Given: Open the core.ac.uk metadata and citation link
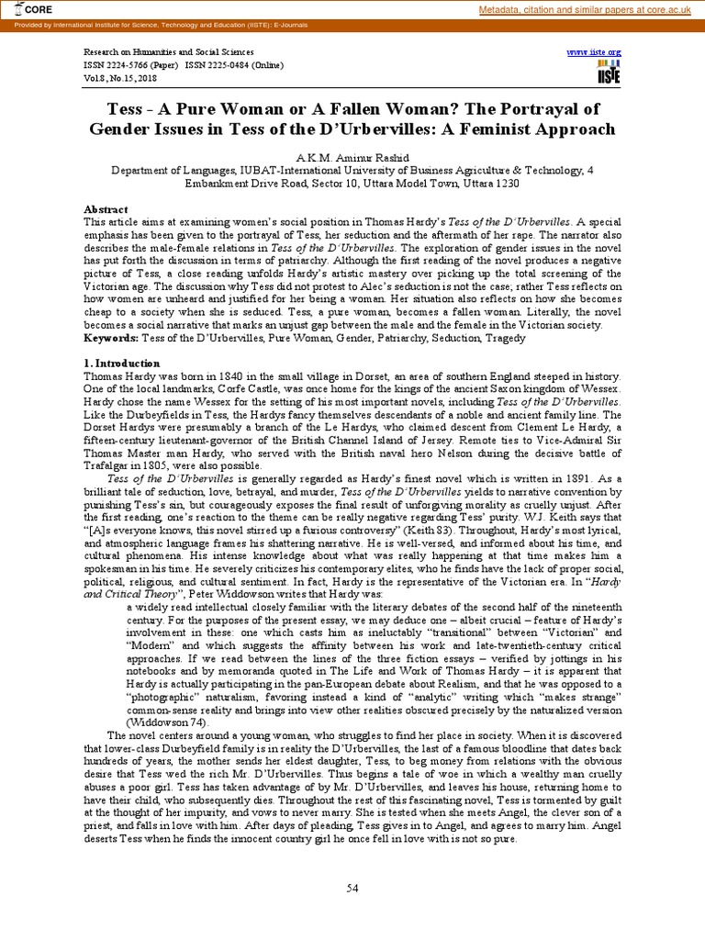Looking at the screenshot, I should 587,9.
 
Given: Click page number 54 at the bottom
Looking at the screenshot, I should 352,887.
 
